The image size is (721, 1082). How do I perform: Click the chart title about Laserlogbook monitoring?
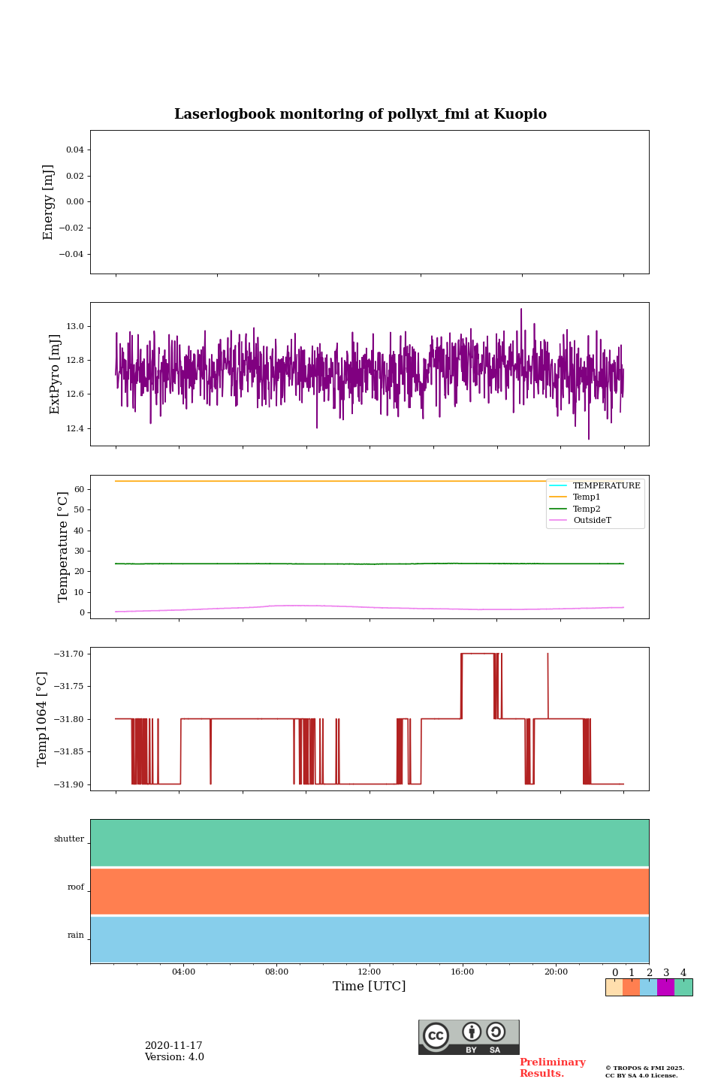(360, 114)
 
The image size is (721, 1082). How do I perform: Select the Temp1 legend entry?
(586, 497)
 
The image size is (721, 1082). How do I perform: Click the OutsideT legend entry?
(591, 520)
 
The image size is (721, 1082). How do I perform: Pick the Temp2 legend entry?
(586, 509)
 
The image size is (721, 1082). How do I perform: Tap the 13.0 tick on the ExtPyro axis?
(75, 327)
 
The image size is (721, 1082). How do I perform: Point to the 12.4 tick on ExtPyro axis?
(75, 428)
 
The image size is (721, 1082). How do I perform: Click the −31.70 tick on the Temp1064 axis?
(68, 654)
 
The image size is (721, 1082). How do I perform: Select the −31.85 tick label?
(68, 751)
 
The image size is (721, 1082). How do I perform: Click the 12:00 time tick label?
(370, 972)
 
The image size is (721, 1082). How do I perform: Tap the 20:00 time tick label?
(556, 972)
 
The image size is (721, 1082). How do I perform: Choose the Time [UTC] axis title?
(370, 987)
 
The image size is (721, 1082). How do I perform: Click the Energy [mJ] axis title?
(49, 202)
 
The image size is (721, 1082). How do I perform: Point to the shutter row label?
(69, 839)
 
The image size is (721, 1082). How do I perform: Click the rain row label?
(76, 935)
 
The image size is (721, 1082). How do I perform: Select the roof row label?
(76, 887)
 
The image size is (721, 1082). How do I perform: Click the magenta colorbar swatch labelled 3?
(665, 987)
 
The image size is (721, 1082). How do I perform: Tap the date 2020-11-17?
(173, 1046)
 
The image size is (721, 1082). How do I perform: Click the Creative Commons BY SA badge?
(469, 1037)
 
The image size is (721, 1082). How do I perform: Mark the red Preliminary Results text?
(552, 1068)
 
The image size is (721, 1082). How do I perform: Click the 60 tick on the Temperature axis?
(79, 489)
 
